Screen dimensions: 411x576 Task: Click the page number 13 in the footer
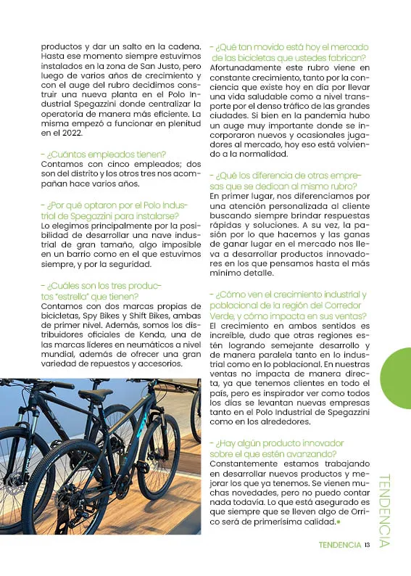368,546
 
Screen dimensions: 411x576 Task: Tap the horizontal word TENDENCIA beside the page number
339,546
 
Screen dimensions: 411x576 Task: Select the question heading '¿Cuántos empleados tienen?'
104,154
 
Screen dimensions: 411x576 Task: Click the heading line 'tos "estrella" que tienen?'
90,296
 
